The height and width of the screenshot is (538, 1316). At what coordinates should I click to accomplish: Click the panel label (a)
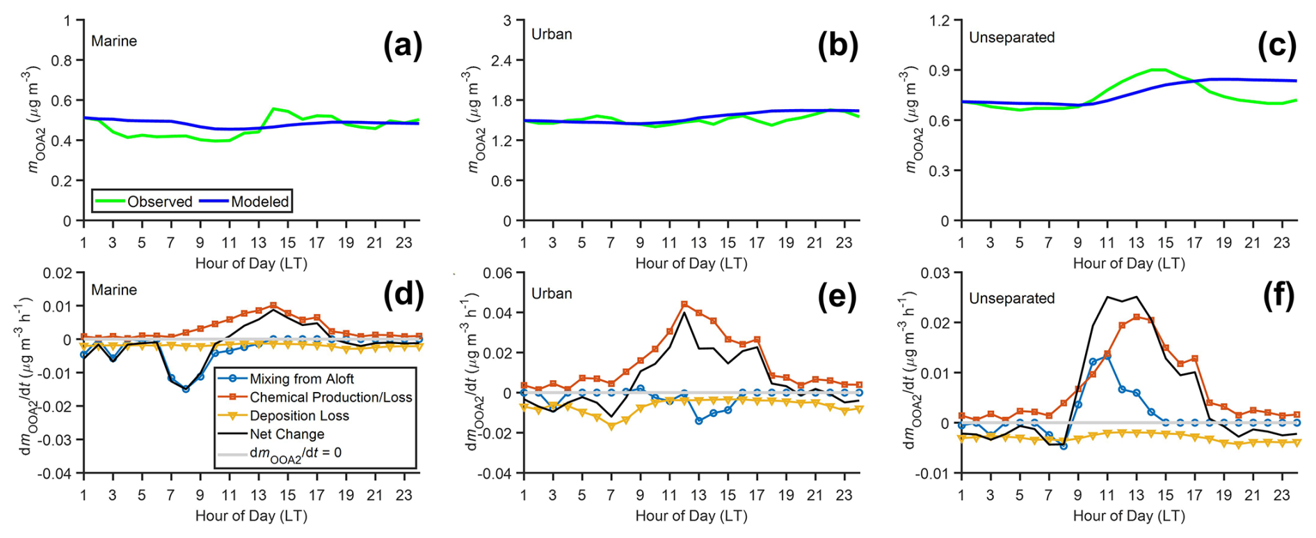click(x=402, y=47)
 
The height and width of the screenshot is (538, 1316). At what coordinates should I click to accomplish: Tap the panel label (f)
click(x=1278, y=297)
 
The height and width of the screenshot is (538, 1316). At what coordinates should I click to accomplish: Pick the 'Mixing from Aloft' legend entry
click(x=301, y=379)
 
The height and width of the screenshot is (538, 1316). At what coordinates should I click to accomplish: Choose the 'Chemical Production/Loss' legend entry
click(x=330, y=397)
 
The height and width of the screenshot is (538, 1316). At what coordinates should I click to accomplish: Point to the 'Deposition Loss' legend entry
click(x=299, y=416)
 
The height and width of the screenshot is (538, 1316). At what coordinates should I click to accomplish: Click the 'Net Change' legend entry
click(x=287, y=434)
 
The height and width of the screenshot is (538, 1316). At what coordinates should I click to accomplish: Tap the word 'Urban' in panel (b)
click(x=552, y=34)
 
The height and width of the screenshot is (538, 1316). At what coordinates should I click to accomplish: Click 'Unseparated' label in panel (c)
click(x=1011, y=38)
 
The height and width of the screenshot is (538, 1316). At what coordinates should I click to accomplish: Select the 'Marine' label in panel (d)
click(x=114, y=290)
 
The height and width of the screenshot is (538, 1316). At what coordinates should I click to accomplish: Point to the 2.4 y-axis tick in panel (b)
click(x=501, y=60)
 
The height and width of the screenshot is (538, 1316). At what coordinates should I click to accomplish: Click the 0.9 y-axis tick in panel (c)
click(x=939, y=70)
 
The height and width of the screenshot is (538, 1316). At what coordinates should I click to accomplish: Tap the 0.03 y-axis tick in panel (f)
click(x=936, y=273)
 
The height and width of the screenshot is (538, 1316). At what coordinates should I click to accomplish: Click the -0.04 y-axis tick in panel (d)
click(x=55, y=473)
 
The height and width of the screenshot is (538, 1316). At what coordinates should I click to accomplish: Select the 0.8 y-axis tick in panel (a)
click(x=62, y=60)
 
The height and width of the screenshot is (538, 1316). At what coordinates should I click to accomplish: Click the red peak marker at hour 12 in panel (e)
click(x=684, y=304)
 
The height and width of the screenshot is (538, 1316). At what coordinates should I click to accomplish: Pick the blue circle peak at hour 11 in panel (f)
click(x=1107, y=356)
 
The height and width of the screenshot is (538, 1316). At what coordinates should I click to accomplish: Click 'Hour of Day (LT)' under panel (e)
click(x=691, y=516)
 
